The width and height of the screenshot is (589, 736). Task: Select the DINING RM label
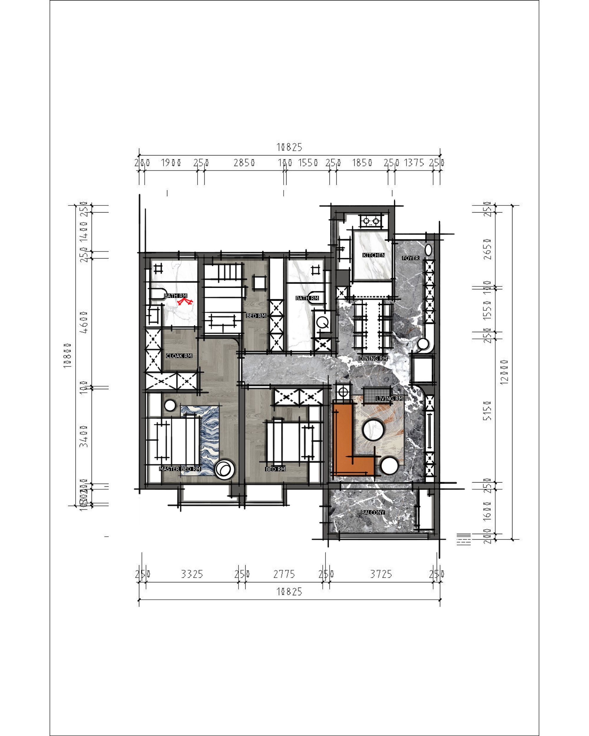tap(373, 359)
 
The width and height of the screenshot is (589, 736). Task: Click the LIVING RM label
tap(389, 398)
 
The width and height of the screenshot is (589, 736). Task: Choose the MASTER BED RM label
tap(180, 469)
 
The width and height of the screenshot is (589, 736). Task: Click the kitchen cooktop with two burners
tap(371, 221)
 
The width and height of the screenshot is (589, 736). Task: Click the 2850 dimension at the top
tap(244, 163)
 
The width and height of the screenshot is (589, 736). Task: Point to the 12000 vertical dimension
tap(504, 372)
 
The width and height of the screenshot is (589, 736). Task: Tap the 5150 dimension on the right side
tap(488, 411)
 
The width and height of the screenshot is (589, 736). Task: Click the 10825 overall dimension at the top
tap(289, 147)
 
